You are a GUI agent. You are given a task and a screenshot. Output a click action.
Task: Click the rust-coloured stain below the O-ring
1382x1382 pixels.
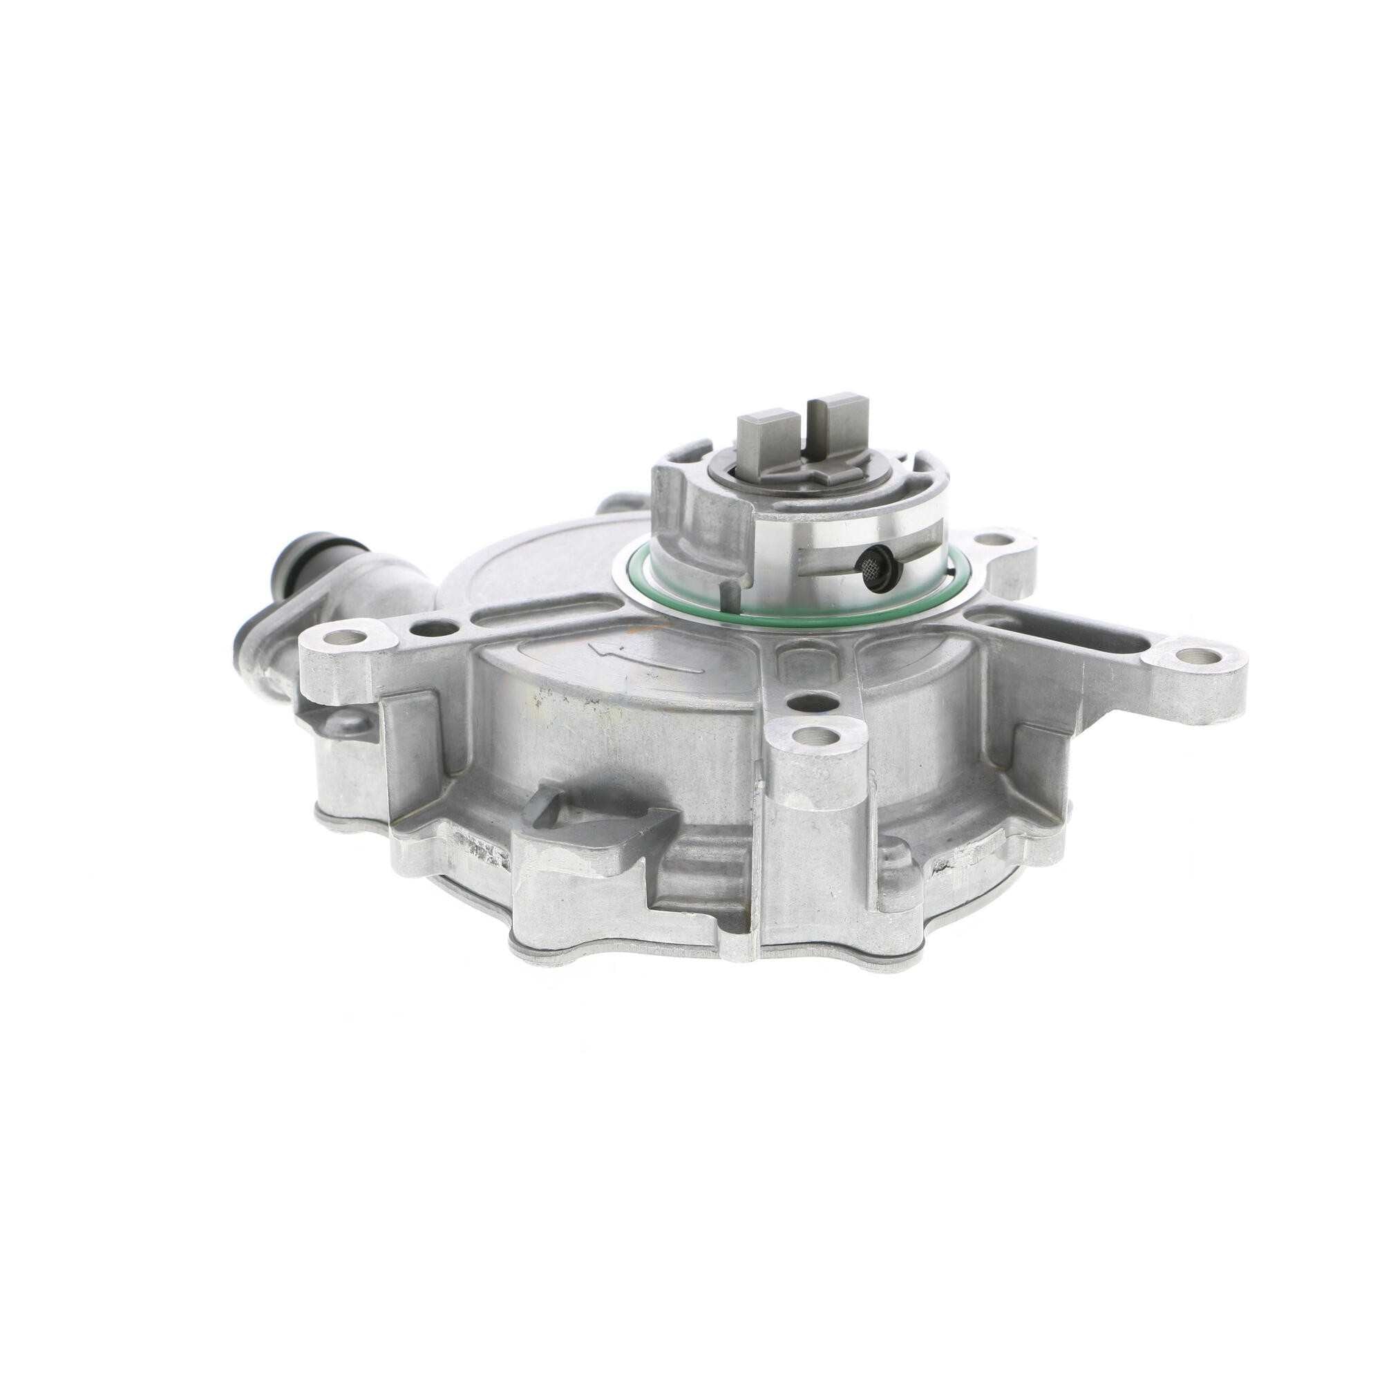(630, 632)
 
